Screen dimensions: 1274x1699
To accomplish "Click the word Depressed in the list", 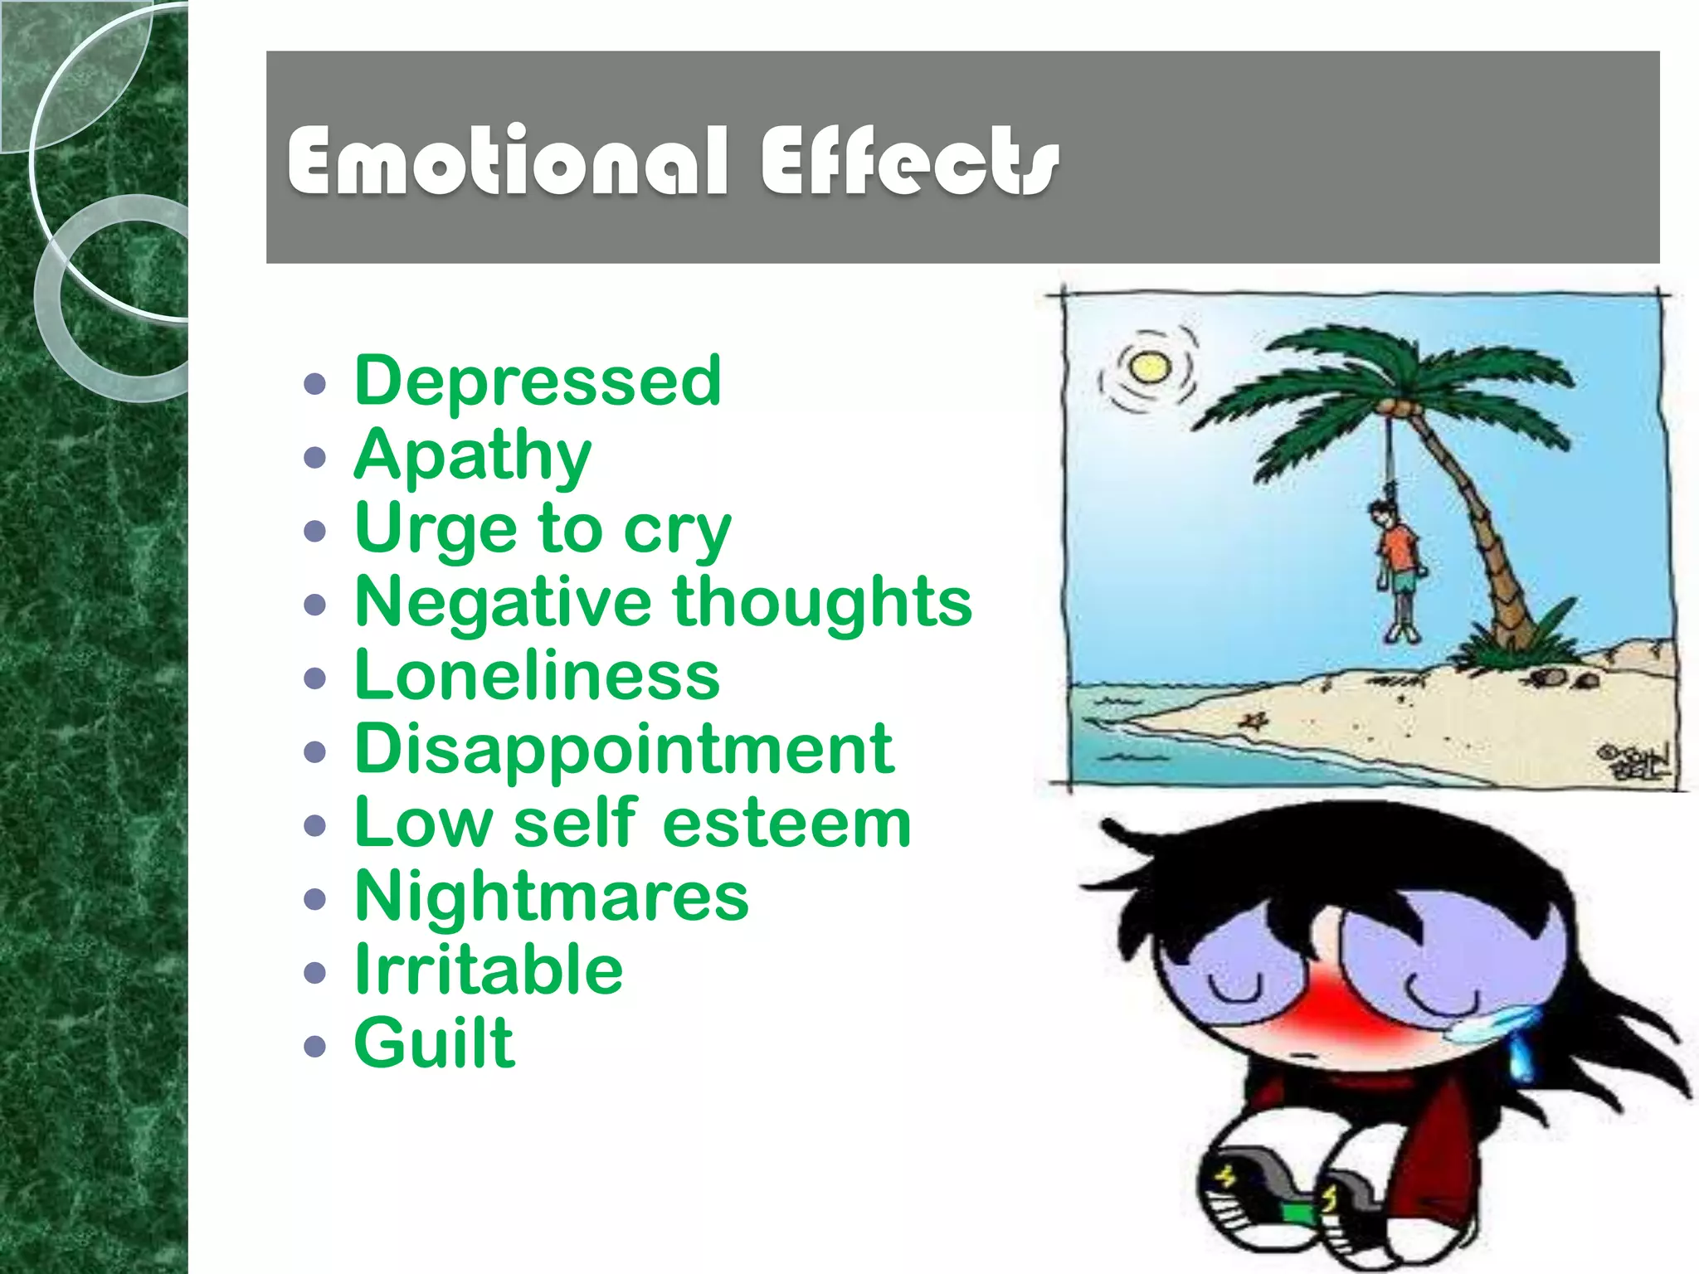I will pos(538,381).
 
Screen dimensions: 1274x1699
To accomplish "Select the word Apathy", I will pos(472,455).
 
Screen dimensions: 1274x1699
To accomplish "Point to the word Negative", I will pos(503,602).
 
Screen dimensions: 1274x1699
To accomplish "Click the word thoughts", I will pos(822,602).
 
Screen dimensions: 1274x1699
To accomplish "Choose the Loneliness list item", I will pos(537,675).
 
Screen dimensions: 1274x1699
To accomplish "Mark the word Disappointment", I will pos(624,749).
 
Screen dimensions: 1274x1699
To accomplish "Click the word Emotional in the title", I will pos(508,162).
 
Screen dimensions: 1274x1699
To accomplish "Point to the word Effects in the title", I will pos(910,162).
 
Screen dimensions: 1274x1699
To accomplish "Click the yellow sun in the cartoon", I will pos(1149,367).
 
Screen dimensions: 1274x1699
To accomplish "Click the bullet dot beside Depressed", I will pos(315,383).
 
